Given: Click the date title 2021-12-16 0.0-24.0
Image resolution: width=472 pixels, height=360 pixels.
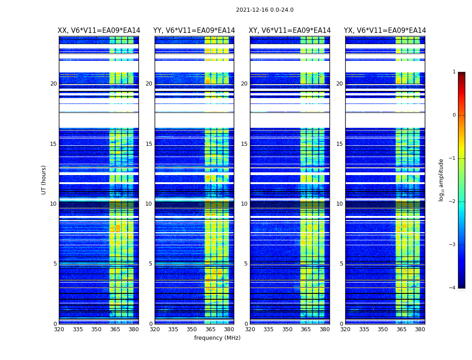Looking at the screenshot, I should click(264, 10).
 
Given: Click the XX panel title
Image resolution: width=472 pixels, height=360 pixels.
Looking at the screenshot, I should click(99, 31).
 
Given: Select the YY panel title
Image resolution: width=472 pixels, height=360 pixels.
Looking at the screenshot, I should click(194, 31).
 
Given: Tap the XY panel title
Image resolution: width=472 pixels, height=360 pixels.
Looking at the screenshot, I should click(290, 31).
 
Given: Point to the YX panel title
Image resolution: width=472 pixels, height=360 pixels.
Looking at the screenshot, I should click(385, 31).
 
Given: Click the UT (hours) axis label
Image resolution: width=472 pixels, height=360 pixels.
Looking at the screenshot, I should click(44, 180).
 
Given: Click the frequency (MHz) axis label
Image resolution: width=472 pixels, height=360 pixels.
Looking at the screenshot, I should click(217, 338).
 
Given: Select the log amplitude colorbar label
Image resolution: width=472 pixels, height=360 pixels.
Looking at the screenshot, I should click(441, 180).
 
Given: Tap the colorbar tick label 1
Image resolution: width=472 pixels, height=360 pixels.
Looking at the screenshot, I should click(454, 72).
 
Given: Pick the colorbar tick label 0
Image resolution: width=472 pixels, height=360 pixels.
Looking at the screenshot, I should click(454, 115).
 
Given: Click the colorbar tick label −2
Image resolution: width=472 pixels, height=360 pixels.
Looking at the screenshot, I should click(453, 202).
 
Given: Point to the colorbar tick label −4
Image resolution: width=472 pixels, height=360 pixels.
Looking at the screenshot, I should click(453, 288).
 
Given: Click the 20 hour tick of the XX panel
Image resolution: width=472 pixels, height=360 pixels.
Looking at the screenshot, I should click(53, 84).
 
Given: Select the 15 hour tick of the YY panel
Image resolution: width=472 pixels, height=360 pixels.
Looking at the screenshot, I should click(149, 144).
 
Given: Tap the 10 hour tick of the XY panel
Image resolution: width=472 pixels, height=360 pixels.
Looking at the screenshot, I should click(244, 204).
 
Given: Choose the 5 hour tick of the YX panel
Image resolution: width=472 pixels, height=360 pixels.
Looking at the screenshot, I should click(341, 264).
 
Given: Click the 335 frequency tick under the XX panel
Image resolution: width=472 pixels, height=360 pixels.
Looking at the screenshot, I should click(78, 329).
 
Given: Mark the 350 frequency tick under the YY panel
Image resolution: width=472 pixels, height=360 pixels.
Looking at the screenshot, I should click(192, 329).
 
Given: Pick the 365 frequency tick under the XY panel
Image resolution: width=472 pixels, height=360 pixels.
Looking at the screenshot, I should click(306, 329).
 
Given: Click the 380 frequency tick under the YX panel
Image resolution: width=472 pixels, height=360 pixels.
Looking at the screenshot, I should click(420, 329).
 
